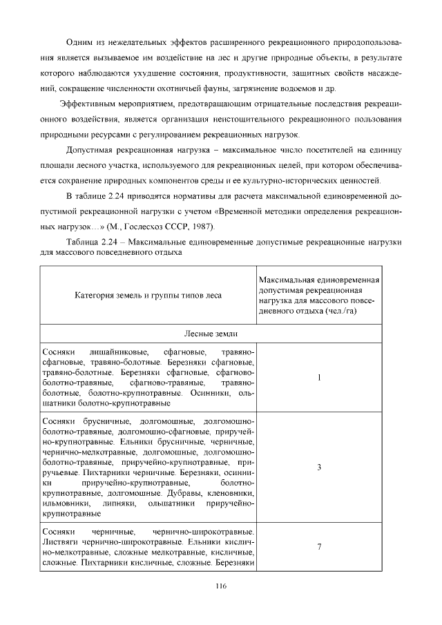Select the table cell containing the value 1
tap(319, 378)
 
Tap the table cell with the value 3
tap(319, 468)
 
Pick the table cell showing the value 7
tap(319, 547)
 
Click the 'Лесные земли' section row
tap(221, 334)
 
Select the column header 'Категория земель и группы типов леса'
tap(148, 295)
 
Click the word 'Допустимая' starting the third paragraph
tap(88, 149)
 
